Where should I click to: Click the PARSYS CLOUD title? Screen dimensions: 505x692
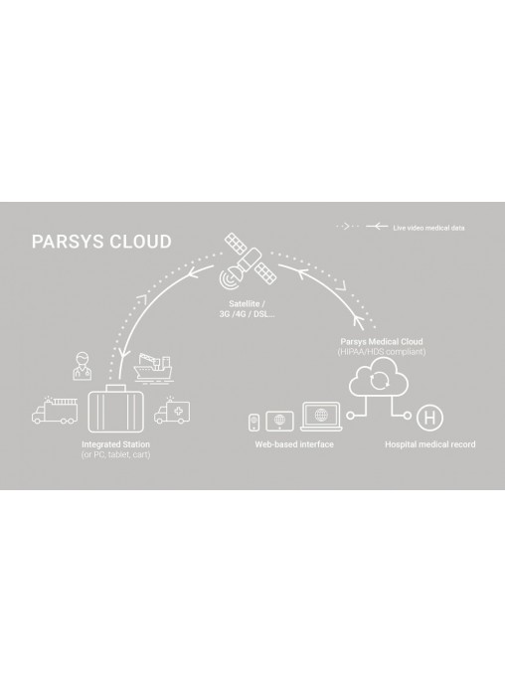pyautogui.click(x=101, y=242)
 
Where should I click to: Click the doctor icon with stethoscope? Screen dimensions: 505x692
pyautogui.click(x=83, y=366)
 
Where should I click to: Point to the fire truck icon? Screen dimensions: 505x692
pyautogui.click(x=55, y=411)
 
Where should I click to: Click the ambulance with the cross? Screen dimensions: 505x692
pyautogui.click(x=172, y=411)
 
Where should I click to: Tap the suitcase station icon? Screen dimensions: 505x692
pyautogui.click(x=115, y=409)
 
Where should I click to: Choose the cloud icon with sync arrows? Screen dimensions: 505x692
pyautogui.click(x=379, y=378)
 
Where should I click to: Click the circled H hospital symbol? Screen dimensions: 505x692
pyautogui.click(x=429, y=417)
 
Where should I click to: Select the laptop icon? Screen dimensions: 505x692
pyautogui.click(x=321, y=417)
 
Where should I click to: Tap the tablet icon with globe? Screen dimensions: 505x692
pyautogui.click(x=279, y=421)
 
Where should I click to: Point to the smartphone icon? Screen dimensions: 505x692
pyautogui.click(x=253, y=423)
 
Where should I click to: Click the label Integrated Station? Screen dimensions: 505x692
pyautogui.click(x=115, y=444)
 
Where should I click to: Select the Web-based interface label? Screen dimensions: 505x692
pyautogui.click(x=294, y=444)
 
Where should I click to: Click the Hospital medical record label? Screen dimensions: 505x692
pyautogui.click(x=430, y=444)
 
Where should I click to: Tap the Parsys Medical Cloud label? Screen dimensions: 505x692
pyautogui.click(x=382, y=342)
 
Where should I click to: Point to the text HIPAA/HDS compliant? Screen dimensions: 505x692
pyautogui.click(x=382, y=352)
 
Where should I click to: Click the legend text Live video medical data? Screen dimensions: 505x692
pyautogui.click(x=428, y=228)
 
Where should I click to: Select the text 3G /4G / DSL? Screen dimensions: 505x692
pyautogui.click(x=247, y=314)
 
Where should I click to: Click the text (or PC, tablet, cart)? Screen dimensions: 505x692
pyautogui.click(x=115, y=454)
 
